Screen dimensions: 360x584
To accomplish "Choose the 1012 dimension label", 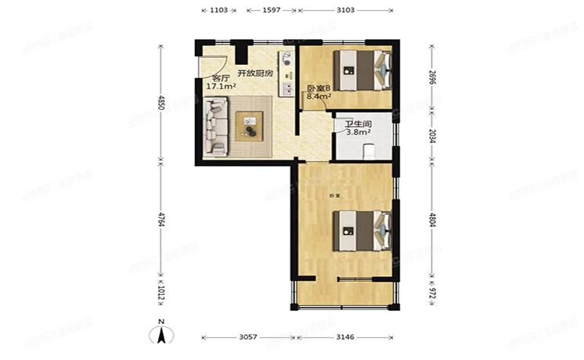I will (x=161, y=294).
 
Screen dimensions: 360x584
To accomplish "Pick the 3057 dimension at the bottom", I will (x=249, y=337).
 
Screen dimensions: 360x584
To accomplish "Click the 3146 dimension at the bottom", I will (x=344, y=337).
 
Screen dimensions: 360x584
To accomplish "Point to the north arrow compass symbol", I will (x=160, y=335).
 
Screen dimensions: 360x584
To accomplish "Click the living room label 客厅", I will (x=220, y=78).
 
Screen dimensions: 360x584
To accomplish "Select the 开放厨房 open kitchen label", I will (x=256, y=73).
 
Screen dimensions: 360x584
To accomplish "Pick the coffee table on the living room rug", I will (x=251, y=123).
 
